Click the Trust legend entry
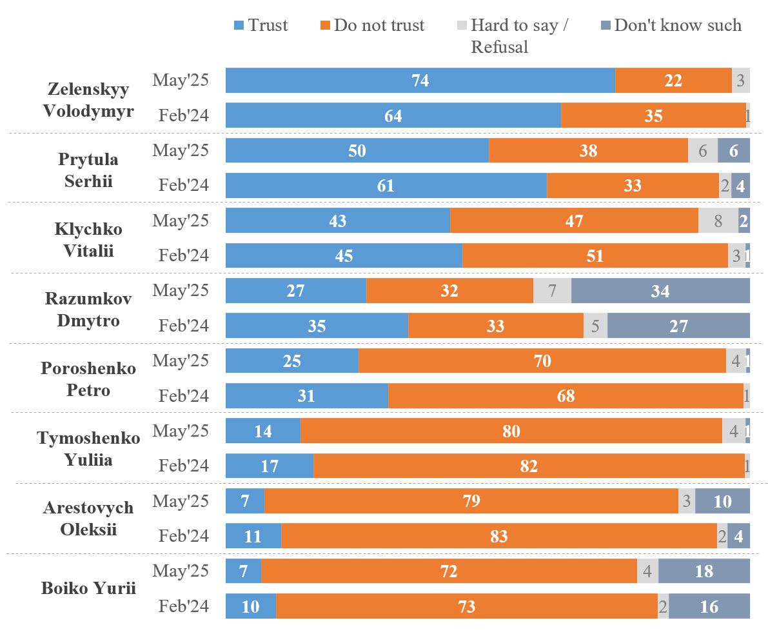click(x=261, y=26)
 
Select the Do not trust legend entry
click(x=372, y=26)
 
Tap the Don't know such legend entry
click(x=671, y=26)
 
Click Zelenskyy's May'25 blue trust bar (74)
click(x=420, y=81)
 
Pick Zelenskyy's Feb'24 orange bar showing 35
click(x=653, y=115)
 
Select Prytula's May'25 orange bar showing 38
click(x=588, y=150)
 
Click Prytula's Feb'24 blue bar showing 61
click(x=386, y=186)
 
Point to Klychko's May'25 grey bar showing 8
click(x=718, y=221)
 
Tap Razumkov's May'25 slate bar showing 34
click(x=660, y=291)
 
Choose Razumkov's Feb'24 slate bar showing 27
click(x=678, y=326)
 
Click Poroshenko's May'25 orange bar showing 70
click(x=542, y=361)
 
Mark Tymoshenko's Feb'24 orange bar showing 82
click(x=529, y=466)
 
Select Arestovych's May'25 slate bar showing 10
click(x=722, y=500)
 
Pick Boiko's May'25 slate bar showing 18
click(x=704, y=571)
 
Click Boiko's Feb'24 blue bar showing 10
click(x=251, y=606)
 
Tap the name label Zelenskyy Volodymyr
click(x=88, y=100)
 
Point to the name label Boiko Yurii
click(x=88, y=588)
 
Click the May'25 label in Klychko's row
click(x=181, y=221)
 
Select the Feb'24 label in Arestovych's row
click(x=184, y=536)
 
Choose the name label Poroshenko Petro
click(x=88, y=379)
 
